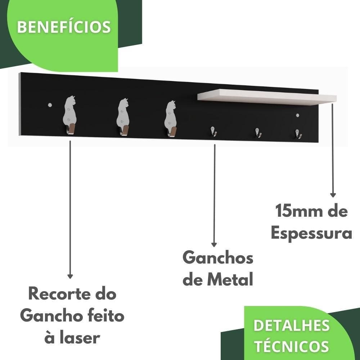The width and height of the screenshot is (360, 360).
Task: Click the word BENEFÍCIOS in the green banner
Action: pos(64,27)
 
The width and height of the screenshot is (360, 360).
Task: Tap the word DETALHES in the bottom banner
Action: pos(291,325)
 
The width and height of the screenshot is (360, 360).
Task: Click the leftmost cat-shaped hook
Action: pos(70,113)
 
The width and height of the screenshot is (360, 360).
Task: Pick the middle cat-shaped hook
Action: pos(123,115)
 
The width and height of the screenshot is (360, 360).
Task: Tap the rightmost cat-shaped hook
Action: pos(170,117)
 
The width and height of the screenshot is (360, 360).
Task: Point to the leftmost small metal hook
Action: pos(213,131)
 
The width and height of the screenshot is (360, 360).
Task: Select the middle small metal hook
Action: pos(258,132)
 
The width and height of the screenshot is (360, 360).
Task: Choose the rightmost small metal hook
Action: pos(298,134)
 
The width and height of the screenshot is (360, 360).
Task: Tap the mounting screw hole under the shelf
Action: pos(297,115)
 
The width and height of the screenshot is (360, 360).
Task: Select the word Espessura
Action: pos(311,233)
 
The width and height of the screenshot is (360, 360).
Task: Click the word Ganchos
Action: pos(218,258)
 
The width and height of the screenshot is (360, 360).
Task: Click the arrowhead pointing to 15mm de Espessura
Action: pos(333,195)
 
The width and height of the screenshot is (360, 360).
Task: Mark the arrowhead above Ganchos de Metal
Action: pos(214,244)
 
